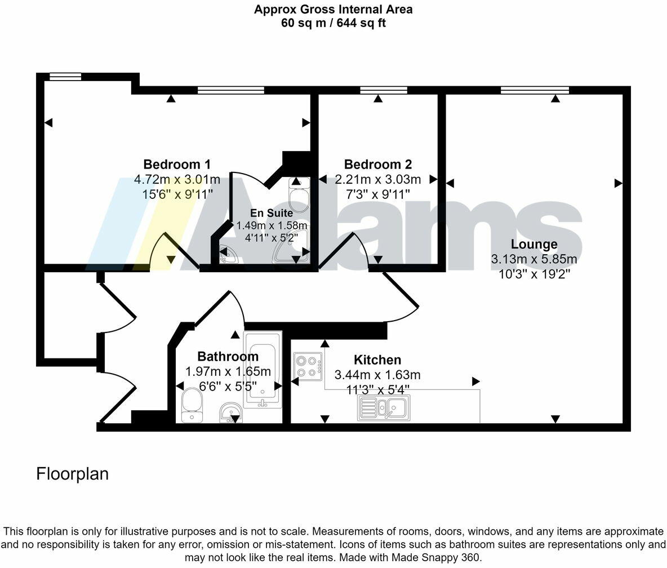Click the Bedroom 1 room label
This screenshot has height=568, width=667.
point(177,165)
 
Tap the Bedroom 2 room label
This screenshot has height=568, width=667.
point(378,165)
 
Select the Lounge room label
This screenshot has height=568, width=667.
point(534,245)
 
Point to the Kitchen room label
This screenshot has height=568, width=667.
point(377,360)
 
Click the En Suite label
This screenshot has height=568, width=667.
point(272,214)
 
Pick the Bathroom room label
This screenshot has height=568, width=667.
point(228,357)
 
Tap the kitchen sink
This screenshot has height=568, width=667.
point(384,407)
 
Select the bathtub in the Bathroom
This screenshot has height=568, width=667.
point(262,369)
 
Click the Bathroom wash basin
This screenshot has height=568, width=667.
point(230,412)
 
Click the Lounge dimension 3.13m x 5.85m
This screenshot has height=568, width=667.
point(534,260)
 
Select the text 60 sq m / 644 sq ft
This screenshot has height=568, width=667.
point(333,23)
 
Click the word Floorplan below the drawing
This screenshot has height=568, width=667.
point(72,474)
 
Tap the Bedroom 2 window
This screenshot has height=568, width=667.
point(384,90)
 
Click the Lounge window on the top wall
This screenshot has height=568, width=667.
point(535,90)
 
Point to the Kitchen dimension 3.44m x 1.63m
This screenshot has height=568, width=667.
point(377,375)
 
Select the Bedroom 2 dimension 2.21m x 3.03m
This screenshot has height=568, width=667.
point(378,180)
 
